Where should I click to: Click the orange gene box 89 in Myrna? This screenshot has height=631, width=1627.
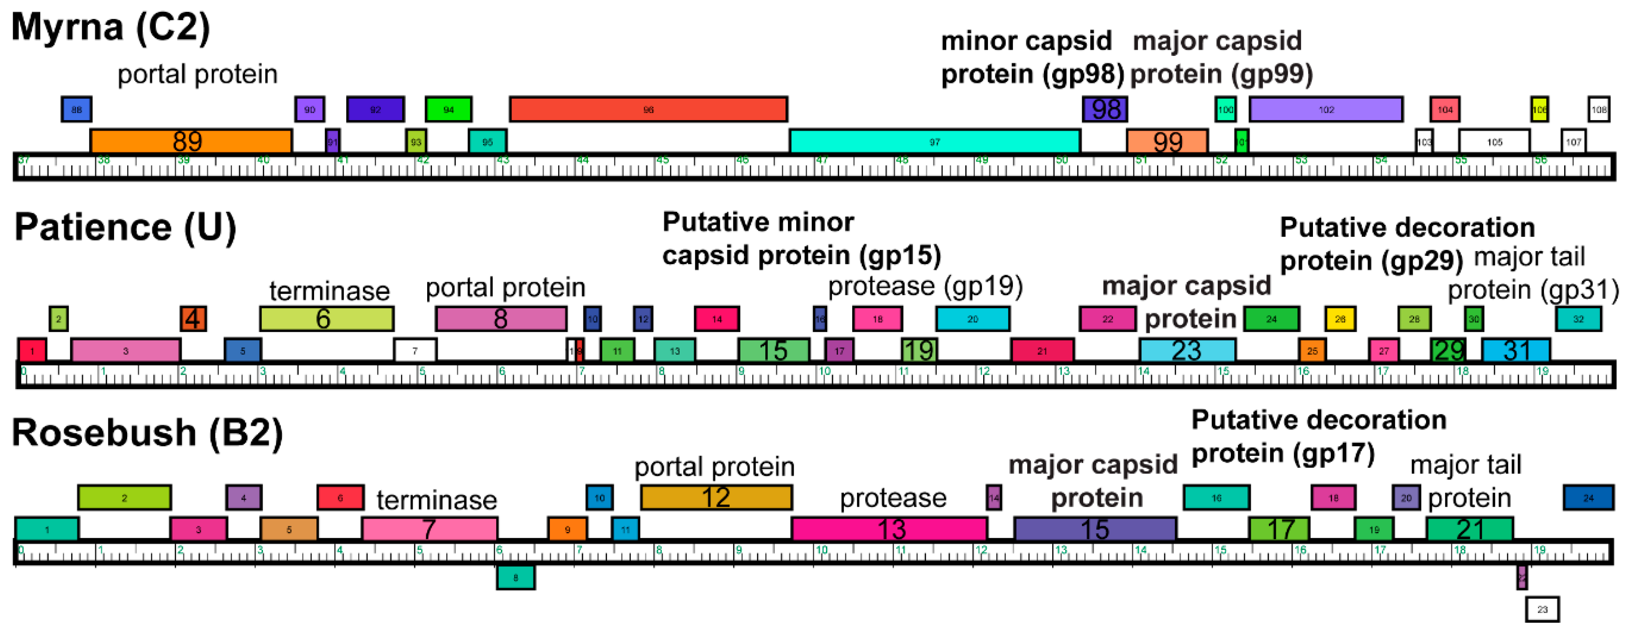[191, 141]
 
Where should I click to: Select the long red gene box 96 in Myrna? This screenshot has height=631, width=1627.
[648, 109]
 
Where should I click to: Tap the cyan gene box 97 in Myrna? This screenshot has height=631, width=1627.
[934, 141]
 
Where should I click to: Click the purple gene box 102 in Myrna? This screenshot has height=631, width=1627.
[1326, 109]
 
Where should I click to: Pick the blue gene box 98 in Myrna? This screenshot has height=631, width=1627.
[1105, 109]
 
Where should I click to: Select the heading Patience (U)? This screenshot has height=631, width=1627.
[125, 228]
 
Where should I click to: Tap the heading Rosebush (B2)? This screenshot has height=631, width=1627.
[147, 433]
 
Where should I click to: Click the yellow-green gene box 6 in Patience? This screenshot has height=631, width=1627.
[327, 318]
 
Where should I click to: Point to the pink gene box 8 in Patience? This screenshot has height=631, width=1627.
[501, 318]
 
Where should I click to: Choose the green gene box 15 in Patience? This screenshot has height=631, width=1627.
[773, 350]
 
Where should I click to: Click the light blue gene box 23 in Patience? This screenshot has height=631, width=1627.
[1187, 350]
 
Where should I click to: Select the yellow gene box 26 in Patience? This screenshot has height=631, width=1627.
[1340, 318]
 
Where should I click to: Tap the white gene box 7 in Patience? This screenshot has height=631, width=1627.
[415, 350]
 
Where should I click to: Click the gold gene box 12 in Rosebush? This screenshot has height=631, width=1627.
[716, 497]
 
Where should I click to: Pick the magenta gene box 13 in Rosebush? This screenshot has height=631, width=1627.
[889, 529]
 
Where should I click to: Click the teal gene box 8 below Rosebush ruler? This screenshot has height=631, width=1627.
[515, 577]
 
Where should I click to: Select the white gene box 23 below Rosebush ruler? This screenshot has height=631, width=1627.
[1542, 609]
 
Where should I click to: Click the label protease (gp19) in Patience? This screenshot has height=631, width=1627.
[925, 286]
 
